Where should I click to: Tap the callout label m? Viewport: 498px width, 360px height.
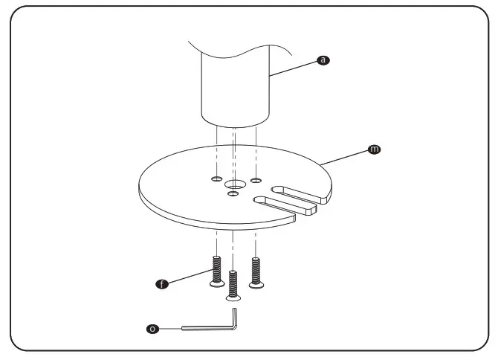click(x=374, y=150)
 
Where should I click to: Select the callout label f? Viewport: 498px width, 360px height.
click(x=160, y=283)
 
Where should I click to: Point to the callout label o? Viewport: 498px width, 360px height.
click(x=152, y=328)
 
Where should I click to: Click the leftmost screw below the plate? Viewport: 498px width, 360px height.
click(x=216, y=271)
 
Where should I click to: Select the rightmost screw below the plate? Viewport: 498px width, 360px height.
click(x=256, y=273)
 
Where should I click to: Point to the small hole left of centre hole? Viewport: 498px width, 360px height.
click(x=216, y=179)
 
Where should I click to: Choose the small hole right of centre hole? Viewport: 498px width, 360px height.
click(x=256, y=180)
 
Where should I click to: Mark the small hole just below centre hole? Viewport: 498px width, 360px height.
click(x=233, y=194)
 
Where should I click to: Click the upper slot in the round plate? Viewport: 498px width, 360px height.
click(x=297, y=193)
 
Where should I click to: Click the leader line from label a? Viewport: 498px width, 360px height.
click(x=294, y=67)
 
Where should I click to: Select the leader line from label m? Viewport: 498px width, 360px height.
click(x=346, y=156)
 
